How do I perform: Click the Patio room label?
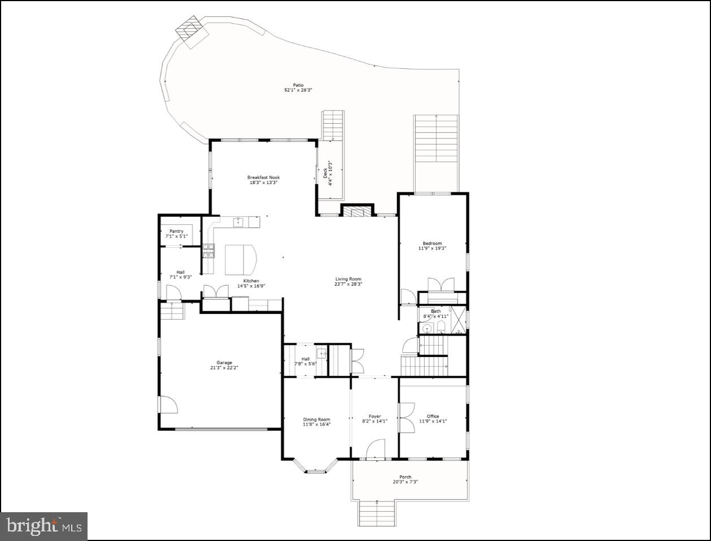pos(298,85)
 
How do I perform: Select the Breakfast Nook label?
pos(263,177)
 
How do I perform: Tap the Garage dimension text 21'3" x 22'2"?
pos(224,368)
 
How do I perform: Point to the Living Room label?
pos(348,279)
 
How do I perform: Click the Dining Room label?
pos(316,420)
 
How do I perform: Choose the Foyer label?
pos(374,416)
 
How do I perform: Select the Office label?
pos(433,416)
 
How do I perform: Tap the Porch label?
pos(405,477)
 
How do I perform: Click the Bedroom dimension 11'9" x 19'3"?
pos(432,248)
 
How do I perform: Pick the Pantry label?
pos(176,231)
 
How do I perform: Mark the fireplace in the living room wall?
pos(357,212)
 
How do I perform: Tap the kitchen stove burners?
pos(208,251)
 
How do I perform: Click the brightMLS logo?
pos(43,526)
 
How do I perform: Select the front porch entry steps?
pos(377,513)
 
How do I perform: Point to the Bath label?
pos(436,311)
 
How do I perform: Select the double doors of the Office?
pos(407,418)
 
